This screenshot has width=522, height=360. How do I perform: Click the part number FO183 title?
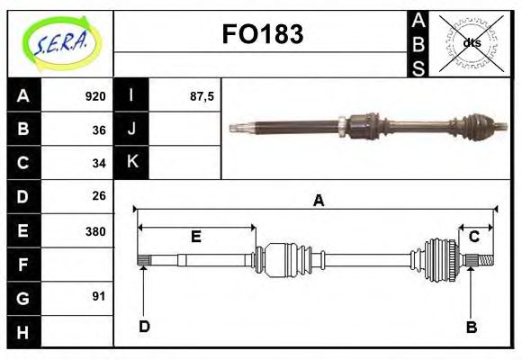point(262,35)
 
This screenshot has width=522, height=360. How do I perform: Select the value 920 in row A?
point(95,96)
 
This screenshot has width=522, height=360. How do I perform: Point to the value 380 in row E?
point(95,230)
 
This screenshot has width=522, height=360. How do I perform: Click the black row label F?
point(23,264)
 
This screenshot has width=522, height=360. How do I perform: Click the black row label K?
point(131,163)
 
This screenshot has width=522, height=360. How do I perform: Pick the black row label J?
point(131,130)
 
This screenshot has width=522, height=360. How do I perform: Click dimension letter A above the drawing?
point(318,202)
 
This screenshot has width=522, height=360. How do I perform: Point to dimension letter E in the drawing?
point(195,238)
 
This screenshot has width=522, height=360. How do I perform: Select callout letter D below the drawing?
point(144,327)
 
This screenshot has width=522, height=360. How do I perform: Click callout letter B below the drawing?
point(471,328)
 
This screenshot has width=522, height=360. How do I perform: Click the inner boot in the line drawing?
point(287,259)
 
